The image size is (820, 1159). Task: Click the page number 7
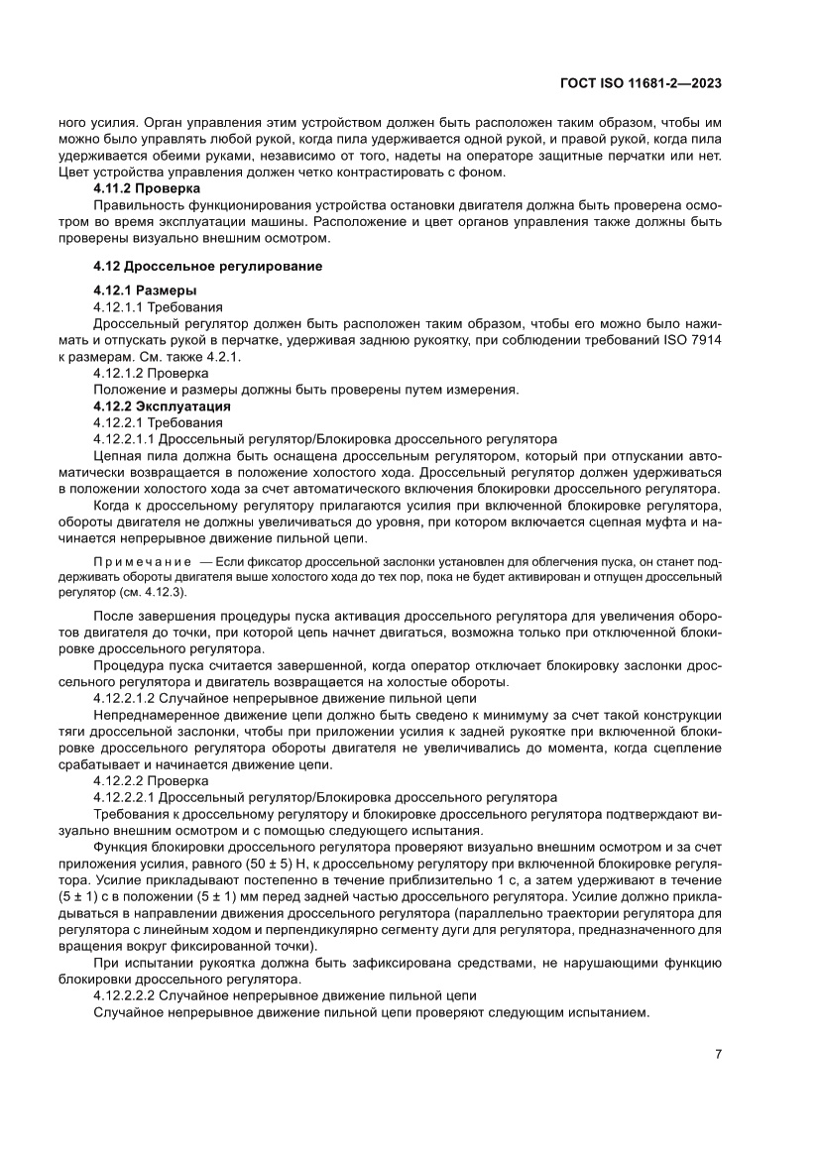(x=717, y=1053)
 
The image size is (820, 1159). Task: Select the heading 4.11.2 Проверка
(x=147, y=187)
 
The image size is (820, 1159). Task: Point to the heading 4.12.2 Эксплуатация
(x=162, y=406)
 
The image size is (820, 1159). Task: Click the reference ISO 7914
(x=690, y=339)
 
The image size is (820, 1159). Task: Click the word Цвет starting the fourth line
(x=75, y=172)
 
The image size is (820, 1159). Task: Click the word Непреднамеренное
(x=154, y=714)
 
